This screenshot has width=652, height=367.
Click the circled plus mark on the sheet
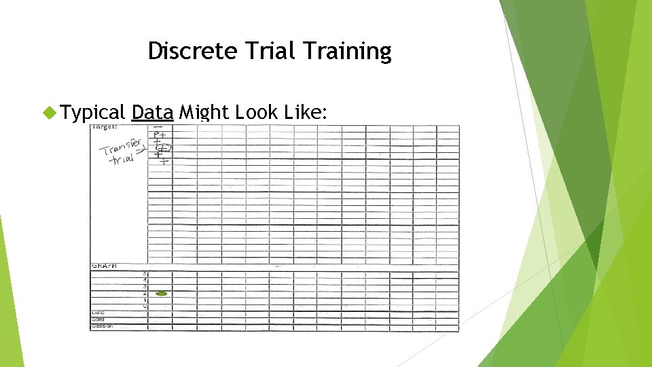coord(163,148)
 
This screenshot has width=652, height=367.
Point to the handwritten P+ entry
coord(160,135)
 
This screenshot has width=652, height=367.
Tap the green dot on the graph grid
coord(162,294)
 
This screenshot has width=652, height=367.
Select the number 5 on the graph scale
coord(145,274)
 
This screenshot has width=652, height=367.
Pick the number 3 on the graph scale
coord(145,287)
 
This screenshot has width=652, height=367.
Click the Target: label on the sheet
coord(105,127)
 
